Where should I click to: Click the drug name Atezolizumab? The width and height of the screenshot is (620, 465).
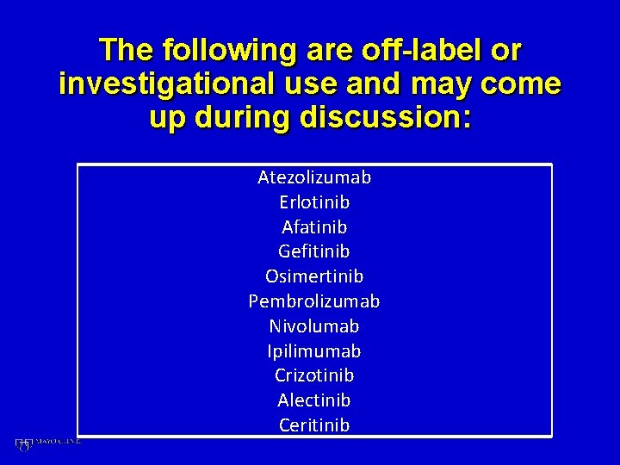(x=314, y=178)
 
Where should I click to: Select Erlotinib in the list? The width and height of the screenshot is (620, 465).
(x=314, y=203)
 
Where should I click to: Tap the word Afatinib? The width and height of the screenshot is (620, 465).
(x=314, y=227)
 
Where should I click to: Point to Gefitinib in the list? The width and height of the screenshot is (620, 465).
(x=314, y=252)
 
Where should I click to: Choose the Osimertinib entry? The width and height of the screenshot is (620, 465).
(x=314, y=276)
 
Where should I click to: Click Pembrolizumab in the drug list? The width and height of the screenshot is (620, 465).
(x=314, y=302)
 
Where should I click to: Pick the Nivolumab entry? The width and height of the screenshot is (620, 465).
(x=314, y=326)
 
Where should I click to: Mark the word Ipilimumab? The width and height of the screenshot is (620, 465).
(x=314, y=351)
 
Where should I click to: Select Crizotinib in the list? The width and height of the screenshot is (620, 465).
(x=314, y=375)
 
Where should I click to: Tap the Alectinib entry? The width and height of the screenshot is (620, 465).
(x=314, y=400)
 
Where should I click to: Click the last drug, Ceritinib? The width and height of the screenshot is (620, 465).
(x=314, y=425)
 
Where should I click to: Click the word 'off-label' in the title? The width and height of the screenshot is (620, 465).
(x=416, y=51)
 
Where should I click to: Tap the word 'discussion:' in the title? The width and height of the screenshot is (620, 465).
(x=385, y=118)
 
